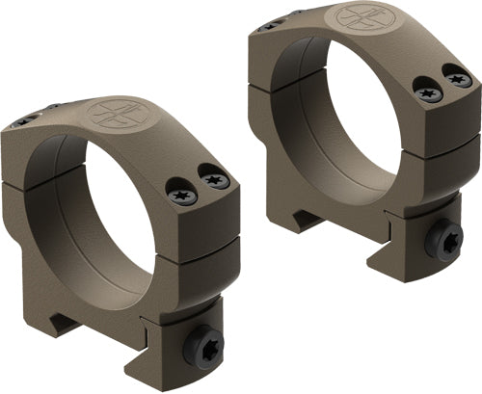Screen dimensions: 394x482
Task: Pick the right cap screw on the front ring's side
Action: pos(214,179)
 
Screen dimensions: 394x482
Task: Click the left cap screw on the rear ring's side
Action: pos(427,93)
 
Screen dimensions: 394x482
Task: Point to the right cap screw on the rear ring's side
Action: pos(459,78)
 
